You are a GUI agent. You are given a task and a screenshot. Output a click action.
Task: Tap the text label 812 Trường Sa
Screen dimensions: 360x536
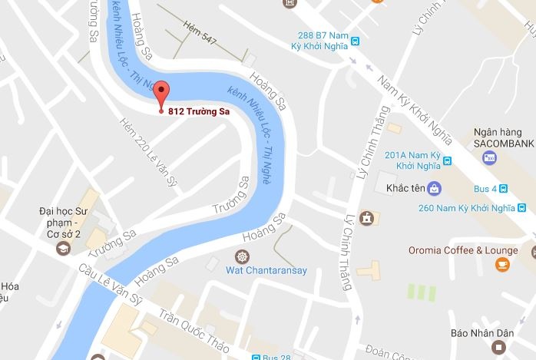[x=201, y=110]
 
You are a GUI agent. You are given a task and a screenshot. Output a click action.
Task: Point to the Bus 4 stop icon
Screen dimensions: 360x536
[x=503, y=188]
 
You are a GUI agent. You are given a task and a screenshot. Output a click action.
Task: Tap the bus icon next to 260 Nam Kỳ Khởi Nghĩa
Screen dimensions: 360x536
[x=521, y=207]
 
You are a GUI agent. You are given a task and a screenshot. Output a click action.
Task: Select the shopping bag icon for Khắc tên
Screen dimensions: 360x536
[x=434, y=187]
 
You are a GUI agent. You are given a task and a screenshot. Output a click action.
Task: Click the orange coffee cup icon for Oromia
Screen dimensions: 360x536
[x=502, y=265]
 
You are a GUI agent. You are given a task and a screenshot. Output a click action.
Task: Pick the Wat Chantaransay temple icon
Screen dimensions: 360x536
[x=242, y=256]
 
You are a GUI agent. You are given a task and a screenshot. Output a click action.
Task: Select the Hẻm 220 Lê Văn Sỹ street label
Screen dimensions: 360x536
[x=144, y=143]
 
